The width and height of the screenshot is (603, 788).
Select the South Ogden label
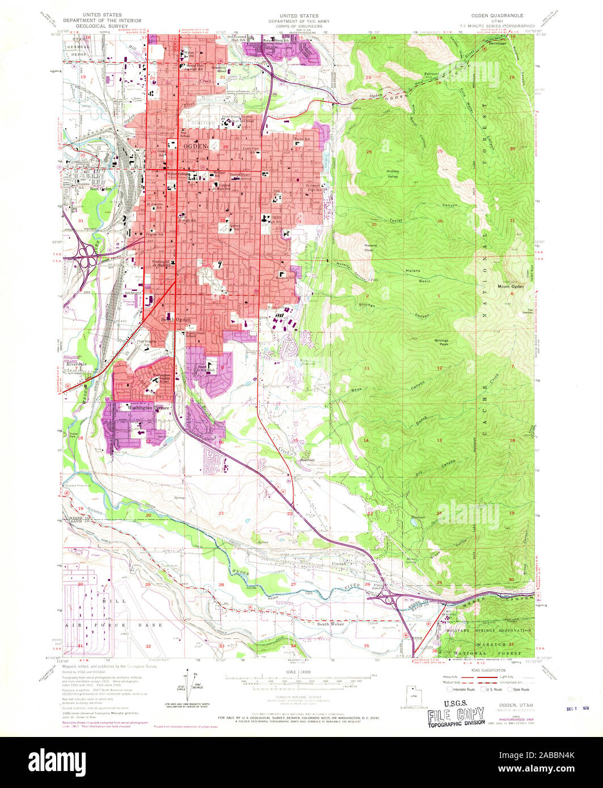176,320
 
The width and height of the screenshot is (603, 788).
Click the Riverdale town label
75,363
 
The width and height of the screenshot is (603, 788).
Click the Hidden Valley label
393,173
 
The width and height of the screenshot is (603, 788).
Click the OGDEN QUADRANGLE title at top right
499,16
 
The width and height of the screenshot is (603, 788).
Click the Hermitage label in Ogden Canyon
496,43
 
